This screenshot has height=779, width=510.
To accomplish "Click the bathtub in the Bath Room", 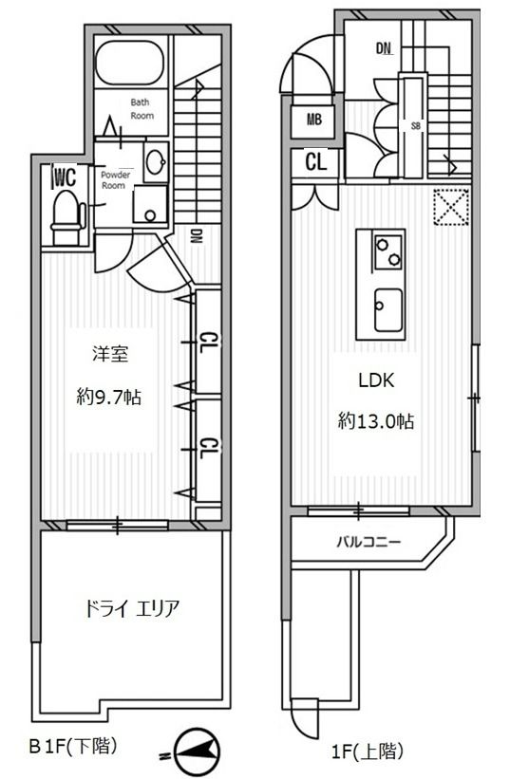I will point(132,65).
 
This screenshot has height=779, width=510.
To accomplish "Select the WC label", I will point(64,176).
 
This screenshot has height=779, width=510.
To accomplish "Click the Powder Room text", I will point(116,178).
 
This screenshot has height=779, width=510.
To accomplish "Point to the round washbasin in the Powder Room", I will point(155,161).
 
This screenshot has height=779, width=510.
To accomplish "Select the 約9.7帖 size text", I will point(108,399).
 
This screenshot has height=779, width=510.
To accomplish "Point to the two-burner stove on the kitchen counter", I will point(387,251).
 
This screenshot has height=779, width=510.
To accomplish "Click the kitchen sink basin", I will point(387,309).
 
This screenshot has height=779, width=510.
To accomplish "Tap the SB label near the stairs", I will point(415,124).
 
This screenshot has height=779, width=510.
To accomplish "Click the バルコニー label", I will point(368,543).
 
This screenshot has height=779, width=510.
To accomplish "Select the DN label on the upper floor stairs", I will point(384,47).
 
